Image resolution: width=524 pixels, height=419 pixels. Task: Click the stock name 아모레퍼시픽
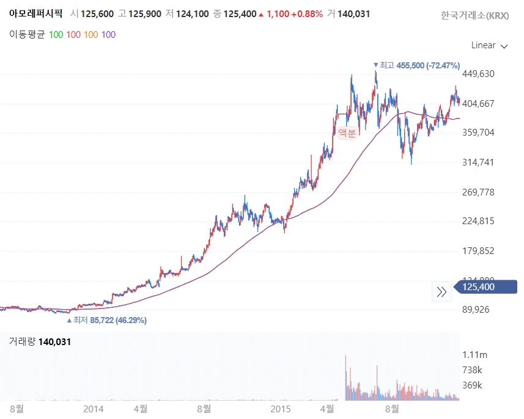[35, 13]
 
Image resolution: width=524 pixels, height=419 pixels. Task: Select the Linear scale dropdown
[489, 45]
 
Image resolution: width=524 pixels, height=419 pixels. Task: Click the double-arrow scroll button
[441, 292]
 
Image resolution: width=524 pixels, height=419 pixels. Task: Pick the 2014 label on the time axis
[94, 408]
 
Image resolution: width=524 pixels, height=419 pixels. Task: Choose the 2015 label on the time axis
[281, 408]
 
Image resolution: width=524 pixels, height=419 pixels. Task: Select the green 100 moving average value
[56, 34]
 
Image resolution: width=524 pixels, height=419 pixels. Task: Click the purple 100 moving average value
[108, 34]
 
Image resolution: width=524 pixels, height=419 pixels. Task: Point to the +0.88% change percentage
[309, 13]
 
